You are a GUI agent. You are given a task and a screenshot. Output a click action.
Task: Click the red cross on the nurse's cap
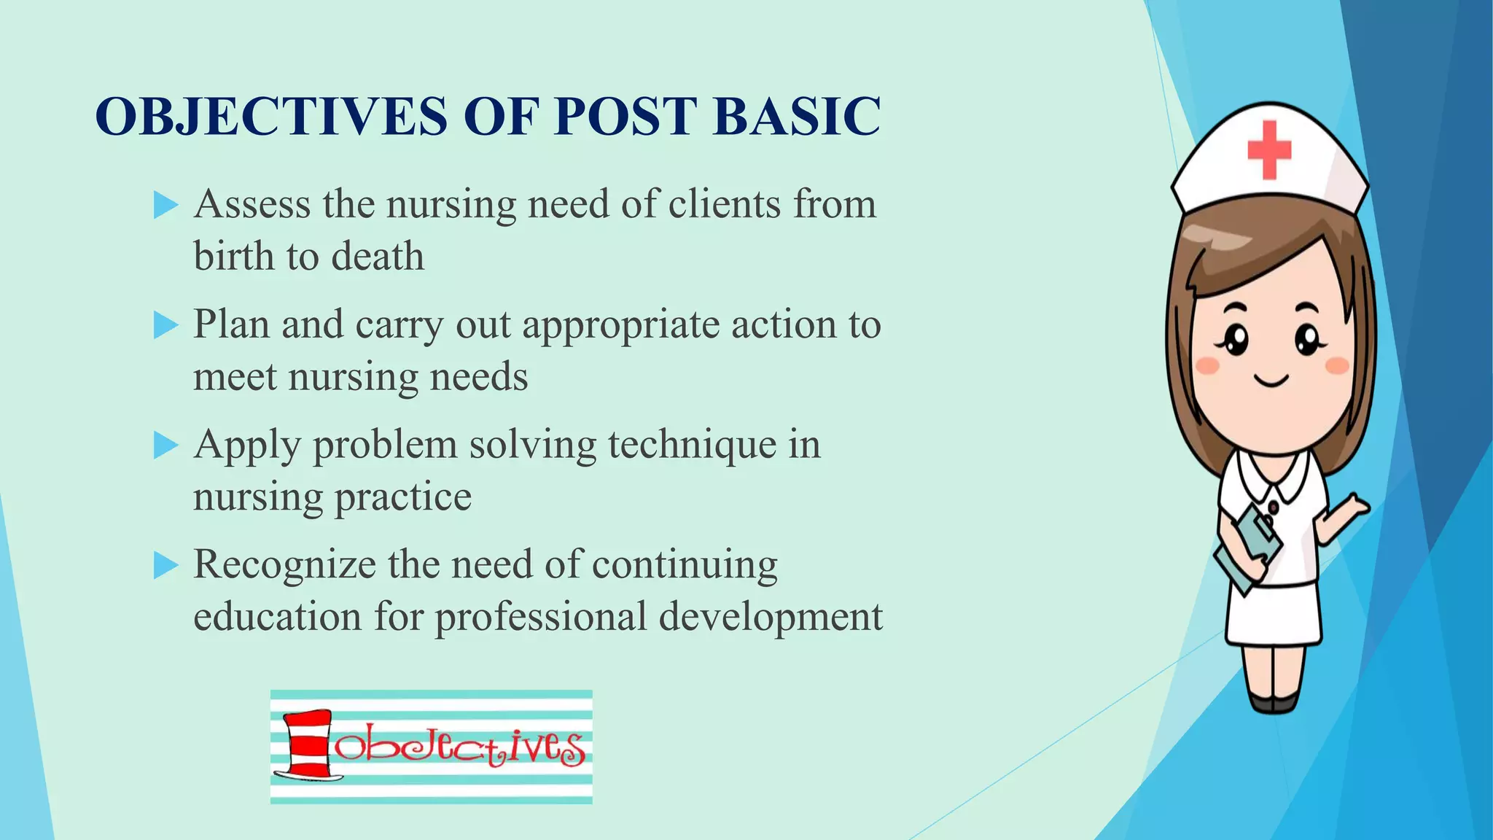click(x=1269, y=149)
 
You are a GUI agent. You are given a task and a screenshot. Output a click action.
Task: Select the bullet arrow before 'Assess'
click(x=166, y=206)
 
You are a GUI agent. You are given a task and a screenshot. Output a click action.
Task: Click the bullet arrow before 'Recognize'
click(x=166, y=566)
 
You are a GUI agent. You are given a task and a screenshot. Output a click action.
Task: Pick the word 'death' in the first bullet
click(x=377, y=257)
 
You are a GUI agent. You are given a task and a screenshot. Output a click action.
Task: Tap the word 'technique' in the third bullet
click(x=692, y=445)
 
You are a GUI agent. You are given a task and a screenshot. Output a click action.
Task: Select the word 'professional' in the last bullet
click(x=541, y=617)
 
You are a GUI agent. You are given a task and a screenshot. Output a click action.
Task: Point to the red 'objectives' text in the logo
click(x=459, y=745)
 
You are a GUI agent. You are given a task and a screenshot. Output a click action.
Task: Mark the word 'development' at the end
click(x=771, y=617)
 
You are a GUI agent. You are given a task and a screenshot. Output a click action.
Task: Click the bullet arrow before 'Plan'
click(x=166, y=325)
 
